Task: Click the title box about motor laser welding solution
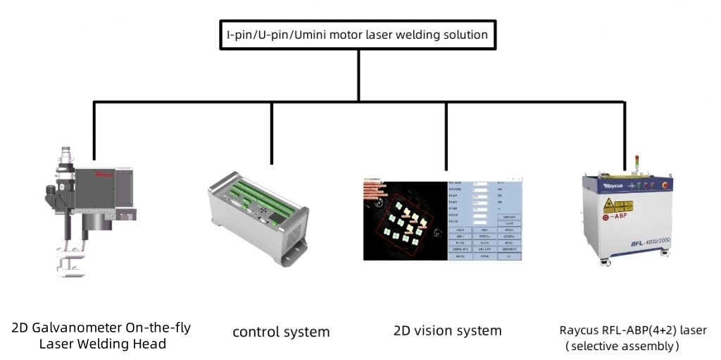(360, 34)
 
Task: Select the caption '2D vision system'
(447, 330)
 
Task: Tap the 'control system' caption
(281, 331)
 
